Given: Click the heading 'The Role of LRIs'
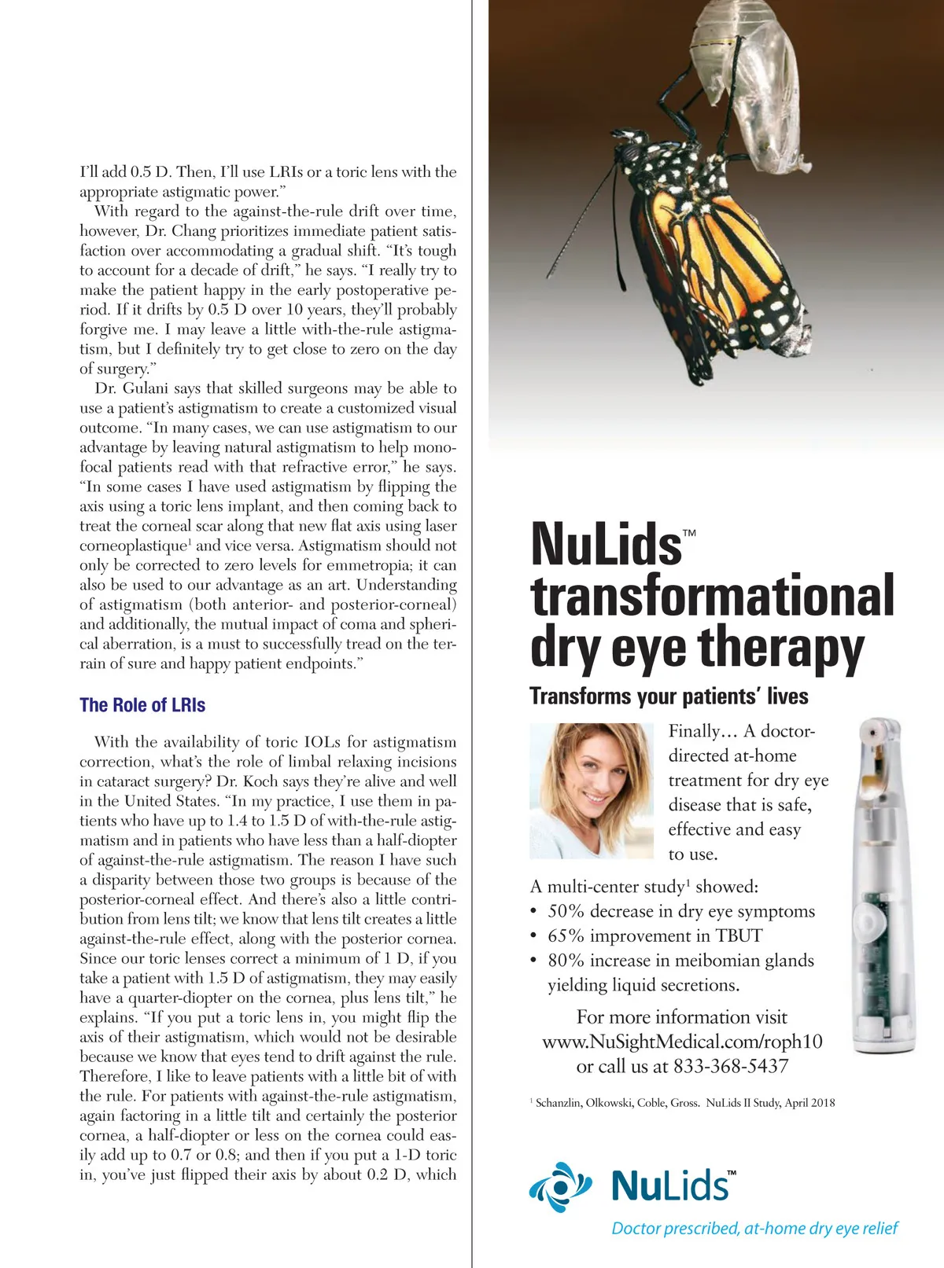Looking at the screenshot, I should click(x=142, y=705).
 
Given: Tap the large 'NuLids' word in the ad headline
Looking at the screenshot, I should click(x=607, y=544).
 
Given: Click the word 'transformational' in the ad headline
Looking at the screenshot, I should click(x=713, y=596).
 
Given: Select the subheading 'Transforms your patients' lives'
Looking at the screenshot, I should click(x=669, y=696).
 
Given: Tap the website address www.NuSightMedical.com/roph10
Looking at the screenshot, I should click(x=682, y=1042).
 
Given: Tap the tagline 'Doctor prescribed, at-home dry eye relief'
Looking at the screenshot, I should click(x=754, y=1229).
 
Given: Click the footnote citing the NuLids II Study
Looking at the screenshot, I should click(x=684, y=1103).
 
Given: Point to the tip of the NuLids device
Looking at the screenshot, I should click(x=878, y=731).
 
